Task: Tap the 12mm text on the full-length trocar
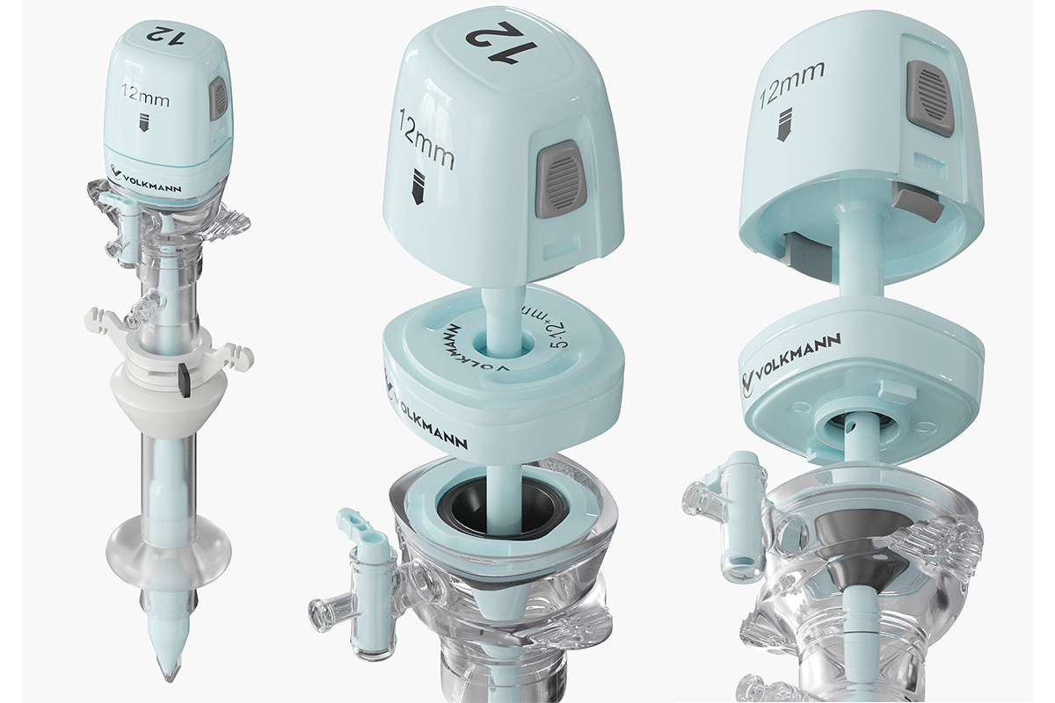[x=145, y=95]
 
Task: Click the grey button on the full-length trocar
[x=219, y=98]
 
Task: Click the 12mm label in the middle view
[x=426, y=139]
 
